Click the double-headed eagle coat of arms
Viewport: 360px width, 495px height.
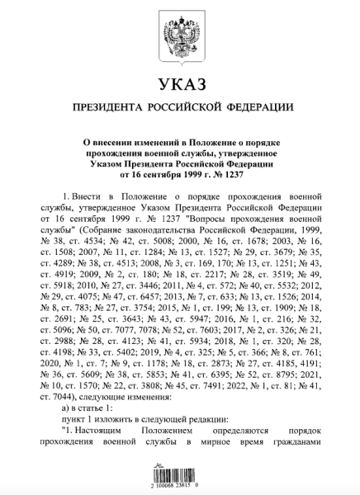point(180,34)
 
